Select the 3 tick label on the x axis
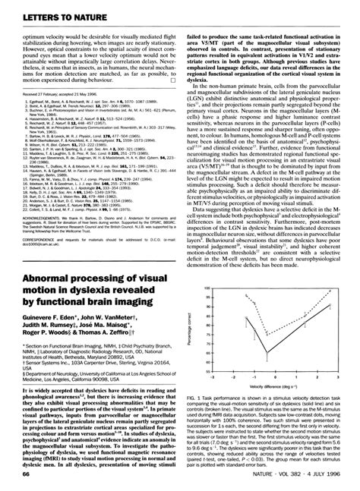pyautogui.click(x=331, y=374)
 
